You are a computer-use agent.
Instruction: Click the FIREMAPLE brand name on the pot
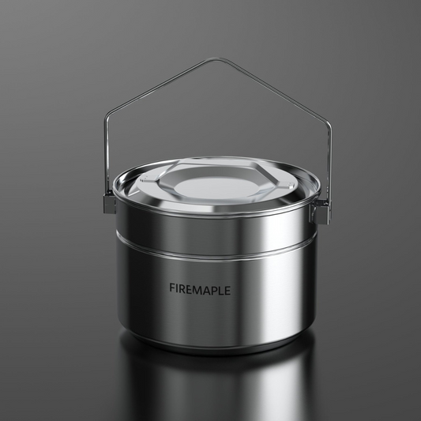pos(200,289)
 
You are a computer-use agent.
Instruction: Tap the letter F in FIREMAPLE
pos(172,288)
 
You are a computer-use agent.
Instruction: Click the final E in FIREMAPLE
pos(227,290)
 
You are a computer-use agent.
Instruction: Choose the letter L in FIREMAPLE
pos(222,290)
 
